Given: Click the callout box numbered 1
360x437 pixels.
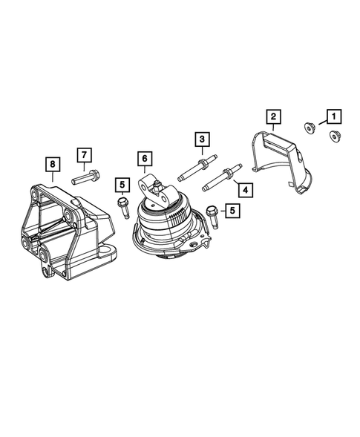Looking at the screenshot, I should pos(332,116).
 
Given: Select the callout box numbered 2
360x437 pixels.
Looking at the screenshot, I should pos(273,116).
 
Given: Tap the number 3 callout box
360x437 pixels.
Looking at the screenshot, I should pos(200,139).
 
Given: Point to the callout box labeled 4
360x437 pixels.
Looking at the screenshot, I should pos(244,188).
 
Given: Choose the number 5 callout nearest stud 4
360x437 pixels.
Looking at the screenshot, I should pos(233,211).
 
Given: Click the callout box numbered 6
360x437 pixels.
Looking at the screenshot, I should pos(144,159).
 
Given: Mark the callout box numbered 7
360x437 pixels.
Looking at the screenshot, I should pos(85,155).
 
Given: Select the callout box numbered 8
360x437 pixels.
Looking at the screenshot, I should pos(52,162).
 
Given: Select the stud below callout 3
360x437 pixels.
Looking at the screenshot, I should pos(197,168).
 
